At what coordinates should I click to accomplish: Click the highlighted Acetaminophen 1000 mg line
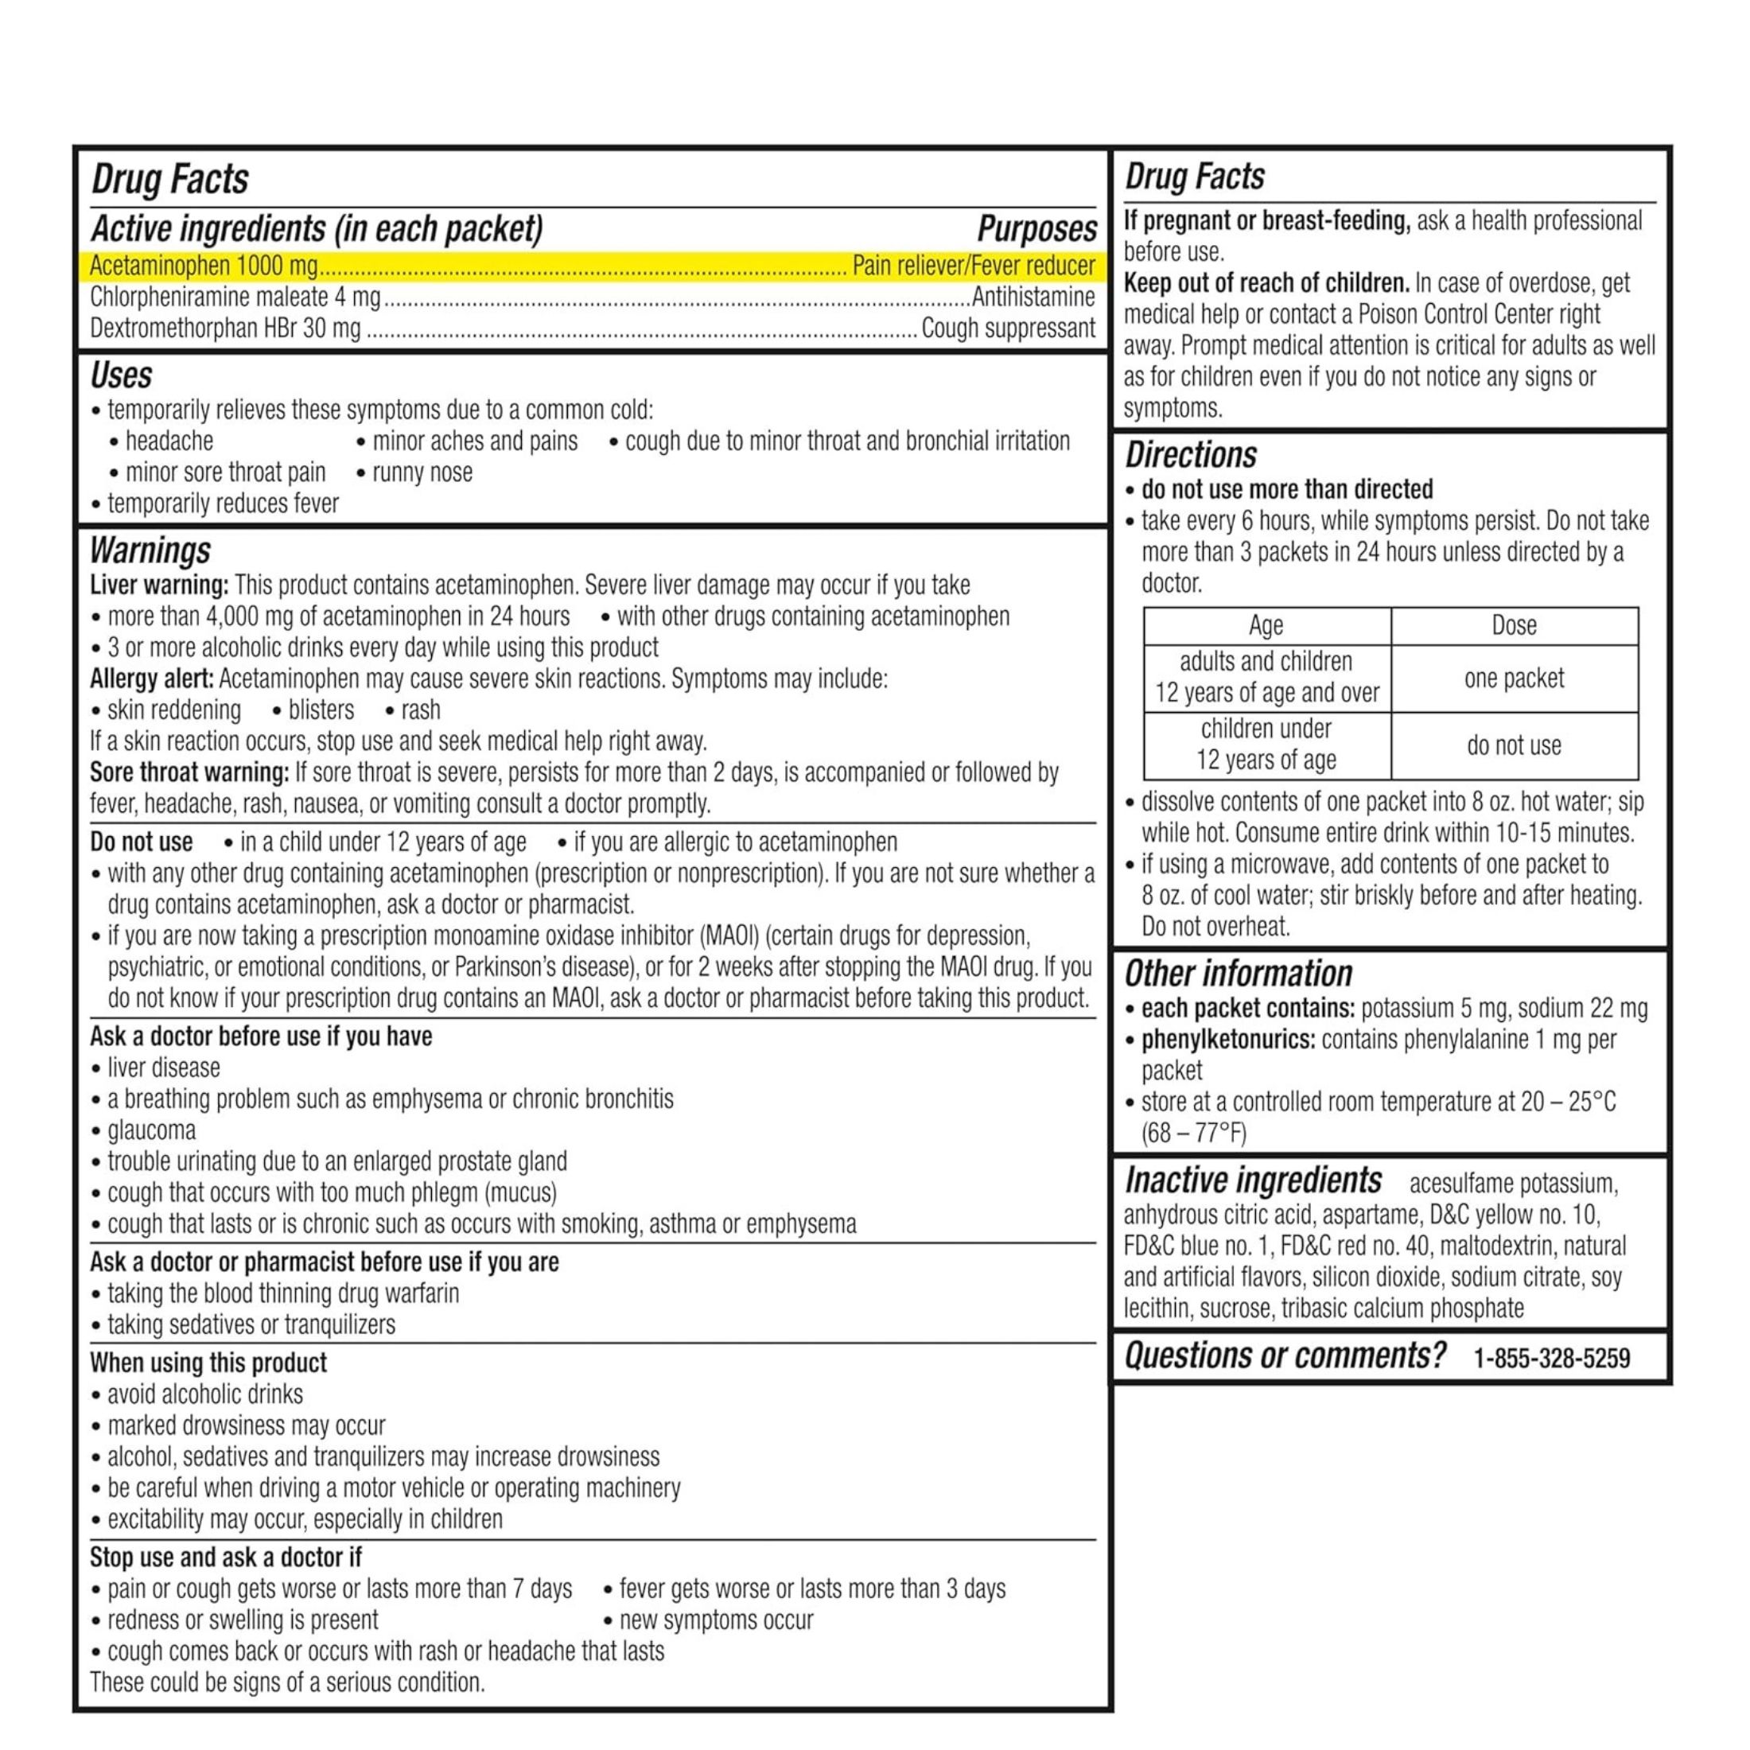pos(592,266)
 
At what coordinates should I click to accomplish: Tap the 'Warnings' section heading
pos(150,550)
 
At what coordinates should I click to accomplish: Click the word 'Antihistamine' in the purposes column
pos(1032,297)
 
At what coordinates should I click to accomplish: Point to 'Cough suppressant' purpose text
pos(1008,328)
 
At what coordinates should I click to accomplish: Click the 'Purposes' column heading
pos(1036,229)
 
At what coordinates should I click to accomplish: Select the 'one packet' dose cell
pos(1514,679)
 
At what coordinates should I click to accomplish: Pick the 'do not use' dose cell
pos(1514,745)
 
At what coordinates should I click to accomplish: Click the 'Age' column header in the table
pos(1266,625)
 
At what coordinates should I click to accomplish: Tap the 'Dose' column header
pos(1514,625)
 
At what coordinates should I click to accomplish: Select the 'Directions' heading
pos(1191,455)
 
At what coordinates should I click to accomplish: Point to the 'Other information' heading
pos(1239,974)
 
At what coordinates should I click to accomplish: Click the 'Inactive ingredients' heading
pos(1253,1180)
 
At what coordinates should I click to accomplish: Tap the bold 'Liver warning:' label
pos(159,585)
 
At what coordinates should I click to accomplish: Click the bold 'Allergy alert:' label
pos(152,679)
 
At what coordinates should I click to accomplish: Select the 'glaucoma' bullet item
pos(151,1130)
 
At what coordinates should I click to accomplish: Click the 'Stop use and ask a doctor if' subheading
pos(226,1557)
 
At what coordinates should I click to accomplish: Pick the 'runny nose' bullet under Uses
pos(422,472)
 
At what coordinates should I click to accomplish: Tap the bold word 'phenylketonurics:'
pos(1227,1040)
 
